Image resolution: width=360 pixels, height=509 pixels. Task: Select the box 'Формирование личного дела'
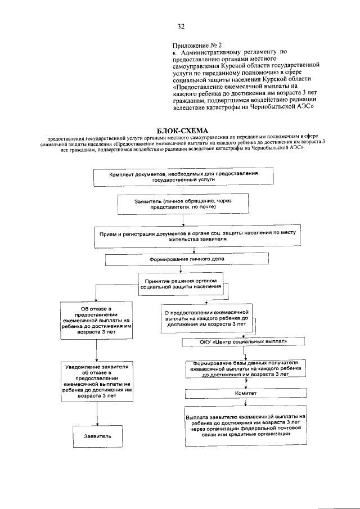178,260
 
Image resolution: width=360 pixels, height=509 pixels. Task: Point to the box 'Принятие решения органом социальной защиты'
178,283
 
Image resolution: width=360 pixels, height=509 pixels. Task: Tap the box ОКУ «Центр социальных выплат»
244,341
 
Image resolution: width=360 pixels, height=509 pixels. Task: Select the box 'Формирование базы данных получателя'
245,368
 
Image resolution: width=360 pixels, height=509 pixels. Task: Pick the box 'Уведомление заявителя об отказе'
97,381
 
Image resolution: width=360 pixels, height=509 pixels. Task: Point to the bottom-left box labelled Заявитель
97,436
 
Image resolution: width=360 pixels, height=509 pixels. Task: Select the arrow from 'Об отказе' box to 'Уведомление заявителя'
97,350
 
